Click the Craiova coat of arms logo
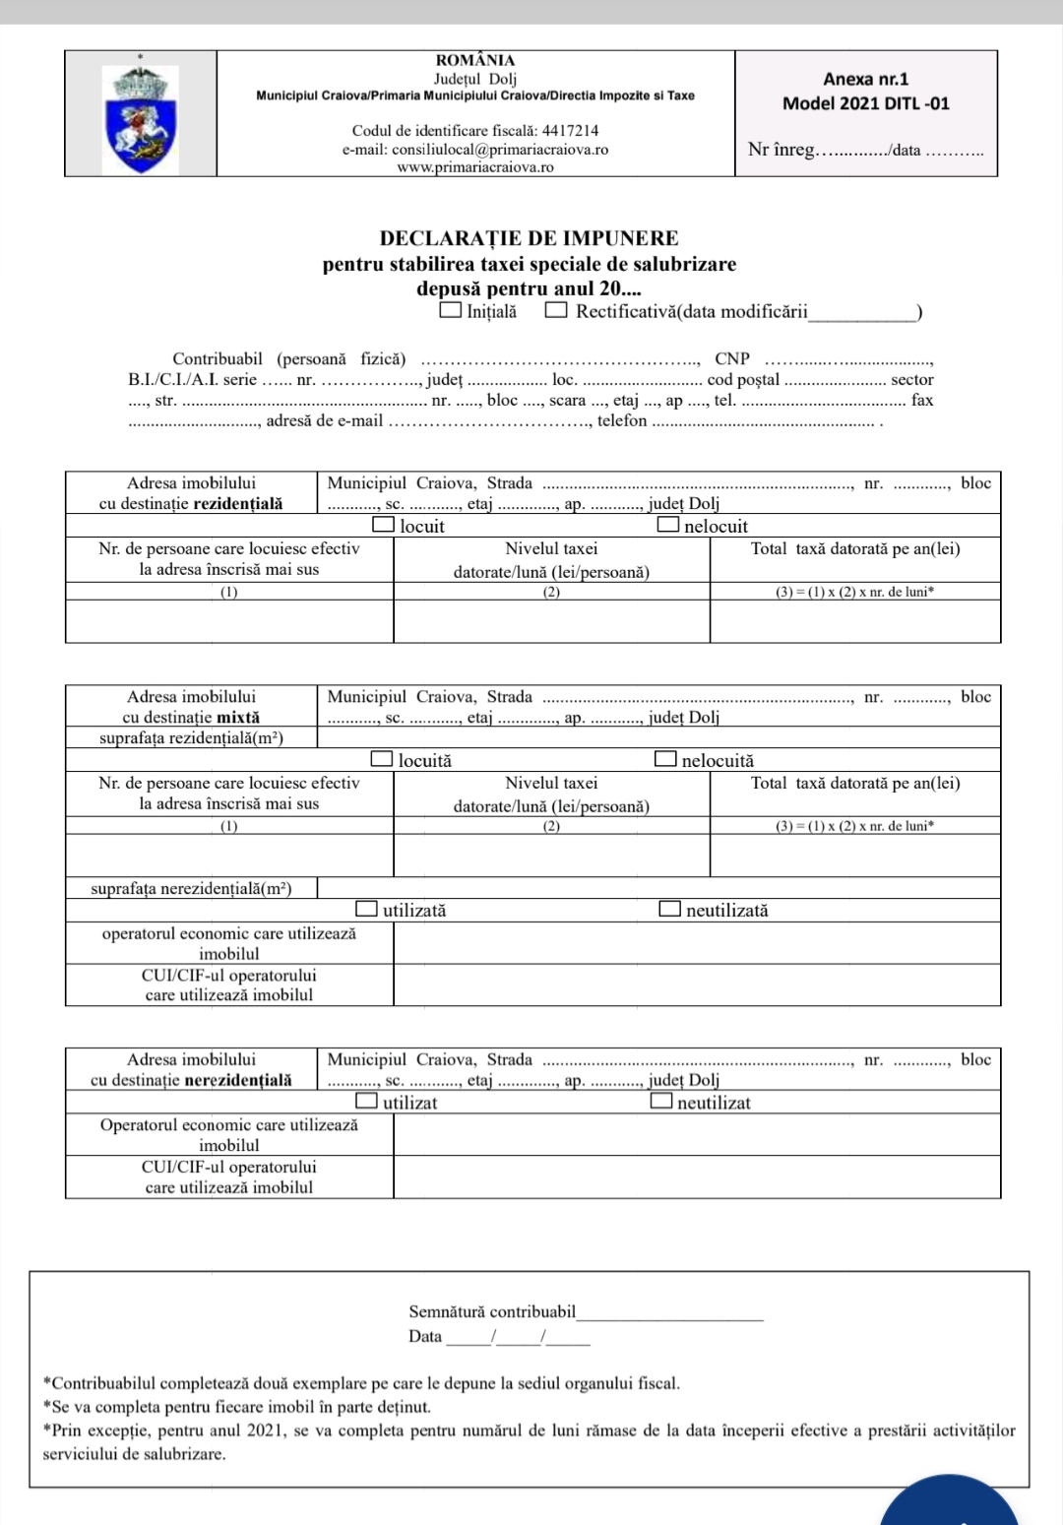click(x=142, y=119)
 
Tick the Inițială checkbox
click(x=450, y=310)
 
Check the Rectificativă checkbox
click(x=556, y=310)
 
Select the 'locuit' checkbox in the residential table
click(x=384, y=525)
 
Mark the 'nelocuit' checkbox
click(x=668, y=525)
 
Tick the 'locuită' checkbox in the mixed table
click(x=382, y=759)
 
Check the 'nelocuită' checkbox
click(x=666, y=759)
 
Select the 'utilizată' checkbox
click(x=366, y=909)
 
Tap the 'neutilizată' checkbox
click(x=670, y=909)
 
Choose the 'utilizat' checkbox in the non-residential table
click(x=366, y=1101)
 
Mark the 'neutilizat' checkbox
click(x=661, y=1101)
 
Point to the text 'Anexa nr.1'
click(x=865, y=79)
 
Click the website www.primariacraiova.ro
click(x=474, y=167)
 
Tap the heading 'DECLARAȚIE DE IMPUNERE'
click(x=529, y=238)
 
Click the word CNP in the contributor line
click(x=731, y=358)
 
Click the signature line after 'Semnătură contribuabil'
click(x=670, y=1313)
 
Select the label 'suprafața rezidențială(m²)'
click(x=191, y=737)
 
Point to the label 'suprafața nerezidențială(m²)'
click(x=191, y=888)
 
